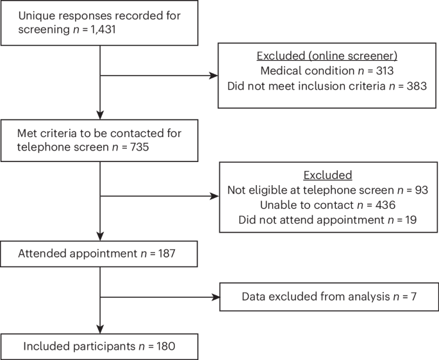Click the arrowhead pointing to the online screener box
(214, 76)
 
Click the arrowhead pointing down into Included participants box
(101, 329)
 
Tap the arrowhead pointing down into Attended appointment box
(101, 236)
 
